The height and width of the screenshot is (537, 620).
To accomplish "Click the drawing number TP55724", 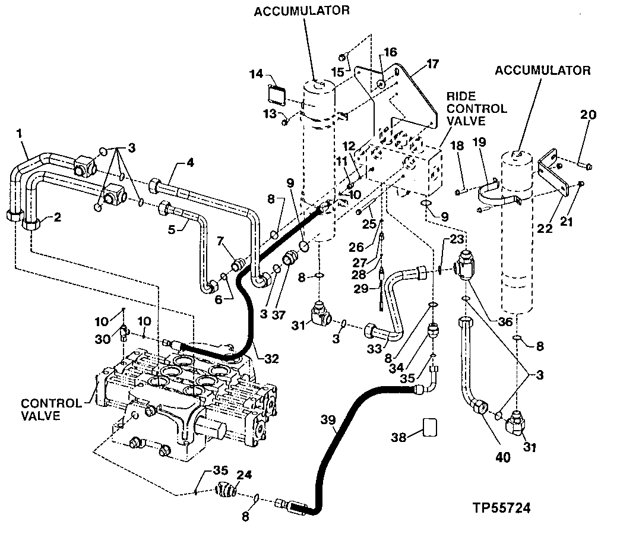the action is coord(501,507).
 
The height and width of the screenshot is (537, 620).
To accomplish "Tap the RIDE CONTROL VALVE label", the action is coord(476,108).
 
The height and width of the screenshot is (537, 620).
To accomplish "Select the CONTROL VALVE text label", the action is coord(52,410).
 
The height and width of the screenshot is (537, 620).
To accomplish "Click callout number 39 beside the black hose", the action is coord(328,419).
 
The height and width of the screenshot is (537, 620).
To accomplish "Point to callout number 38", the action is coord(398,437).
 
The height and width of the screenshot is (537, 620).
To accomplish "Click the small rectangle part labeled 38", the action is coord(430,427).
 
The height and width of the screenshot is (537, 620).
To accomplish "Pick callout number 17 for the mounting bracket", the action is coord(432,64).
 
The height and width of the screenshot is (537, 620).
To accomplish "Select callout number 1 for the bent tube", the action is coord(19,133).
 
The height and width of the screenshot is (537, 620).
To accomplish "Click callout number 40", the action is coord(502,457).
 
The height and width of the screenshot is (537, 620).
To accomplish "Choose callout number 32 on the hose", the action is coord(271,359).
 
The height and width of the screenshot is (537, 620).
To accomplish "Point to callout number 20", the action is coord(588,115).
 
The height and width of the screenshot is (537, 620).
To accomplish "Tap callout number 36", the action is coord(505,321).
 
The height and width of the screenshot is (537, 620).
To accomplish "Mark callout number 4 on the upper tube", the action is coord(191,163).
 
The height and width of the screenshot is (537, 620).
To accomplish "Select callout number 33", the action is coord(375,348).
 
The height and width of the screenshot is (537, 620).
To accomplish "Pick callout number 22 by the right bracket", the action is coord(545,228).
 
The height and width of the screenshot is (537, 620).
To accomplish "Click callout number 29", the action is coord(361,289).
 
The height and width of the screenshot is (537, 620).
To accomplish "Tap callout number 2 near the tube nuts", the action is coord(58,217).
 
